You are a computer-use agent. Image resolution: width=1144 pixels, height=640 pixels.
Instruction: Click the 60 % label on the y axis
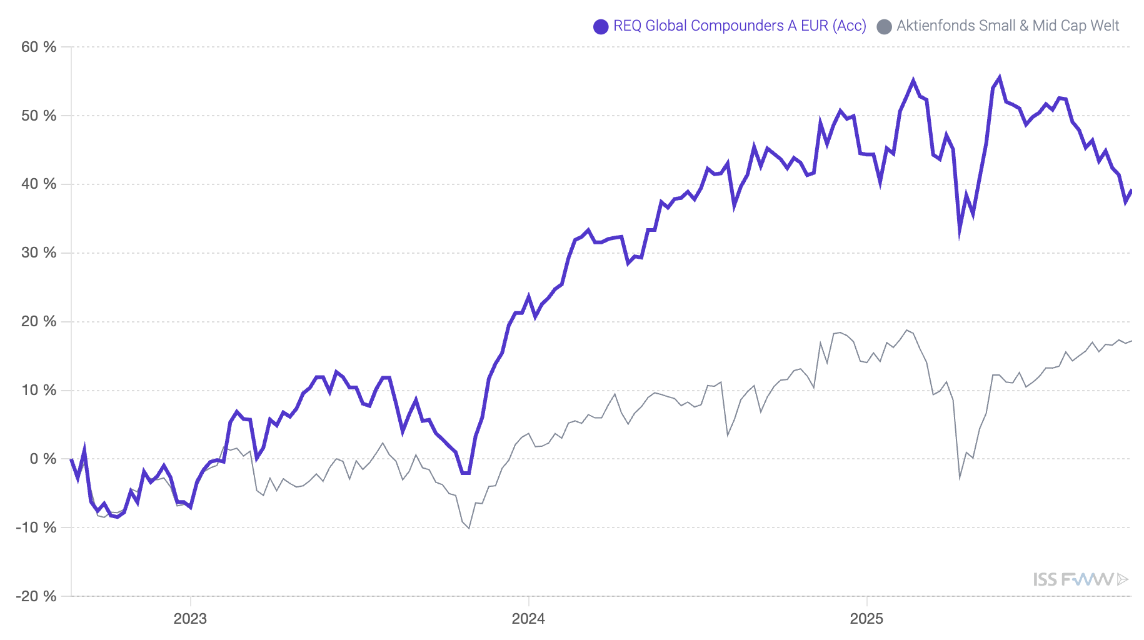39,47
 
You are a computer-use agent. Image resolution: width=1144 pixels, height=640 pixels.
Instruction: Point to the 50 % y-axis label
39,116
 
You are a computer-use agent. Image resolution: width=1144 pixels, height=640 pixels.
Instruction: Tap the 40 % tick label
39,184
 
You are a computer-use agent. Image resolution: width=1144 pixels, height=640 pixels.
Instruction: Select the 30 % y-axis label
39,252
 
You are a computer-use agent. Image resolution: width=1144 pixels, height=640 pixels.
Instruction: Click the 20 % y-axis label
39,321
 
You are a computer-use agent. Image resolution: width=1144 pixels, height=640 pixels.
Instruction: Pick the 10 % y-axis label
39,390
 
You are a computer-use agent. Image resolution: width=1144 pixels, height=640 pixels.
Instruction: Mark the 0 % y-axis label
43,459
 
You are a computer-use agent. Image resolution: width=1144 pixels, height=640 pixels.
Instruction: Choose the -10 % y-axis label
36,527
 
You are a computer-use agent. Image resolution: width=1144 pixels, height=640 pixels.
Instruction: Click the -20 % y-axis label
36,596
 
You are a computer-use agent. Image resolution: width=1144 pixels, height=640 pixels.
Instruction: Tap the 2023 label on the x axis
190,619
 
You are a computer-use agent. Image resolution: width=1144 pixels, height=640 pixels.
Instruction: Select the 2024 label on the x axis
528,619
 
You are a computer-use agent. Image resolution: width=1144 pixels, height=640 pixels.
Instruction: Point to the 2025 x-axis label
866,619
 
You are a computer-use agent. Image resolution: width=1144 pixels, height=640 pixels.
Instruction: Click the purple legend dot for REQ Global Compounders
601,26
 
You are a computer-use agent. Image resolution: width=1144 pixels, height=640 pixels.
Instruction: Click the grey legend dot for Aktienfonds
884,26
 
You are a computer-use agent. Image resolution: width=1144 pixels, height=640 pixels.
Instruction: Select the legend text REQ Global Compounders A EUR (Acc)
740,26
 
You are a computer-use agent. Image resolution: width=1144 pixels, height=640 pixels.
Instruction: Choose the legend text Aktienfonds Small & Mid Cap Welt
1008,26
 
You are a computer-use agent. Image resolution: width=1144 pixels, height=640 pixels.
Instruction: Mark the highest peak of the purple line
1000,77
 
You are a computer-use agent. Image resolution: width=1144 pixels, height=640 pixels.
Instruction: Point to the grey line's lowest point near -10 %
469,528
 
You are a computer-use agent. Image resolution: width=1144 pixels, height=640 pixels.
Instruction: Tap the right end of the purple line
1131,190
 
